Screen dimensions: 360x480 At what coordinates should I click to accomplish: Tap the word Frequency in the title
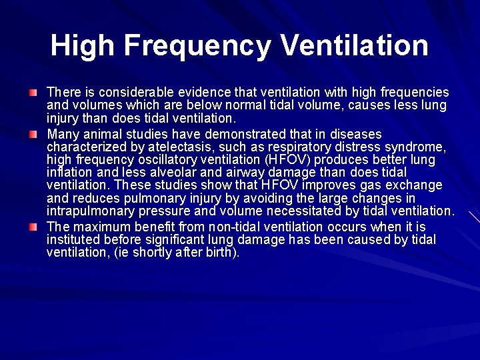click(197, 46)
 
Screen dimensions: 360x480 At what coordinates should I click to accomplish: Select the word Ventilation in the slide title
click(355, 46)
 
